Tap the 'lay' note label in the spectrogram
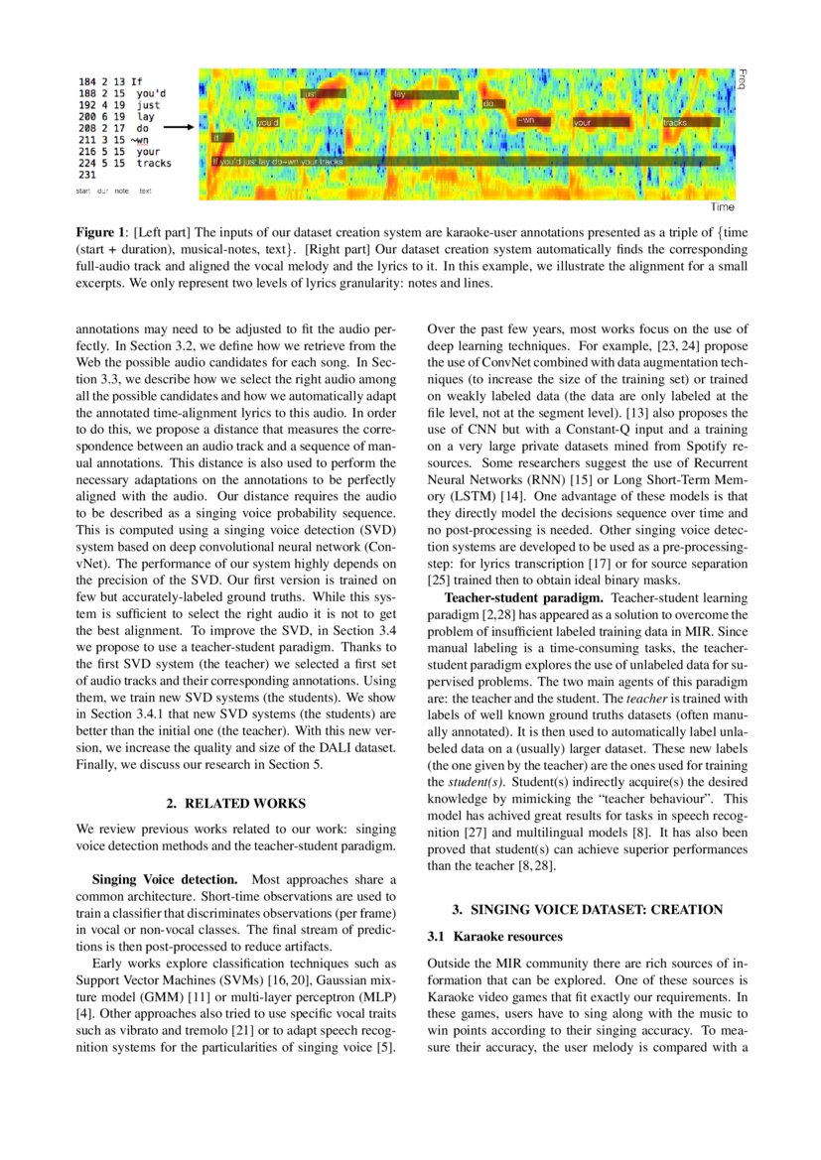coord(424,95)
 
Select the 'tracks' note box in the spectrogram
coord(688,123)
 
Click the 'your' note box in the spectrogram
coord(600,123)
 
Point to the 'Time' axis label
coord(722,207)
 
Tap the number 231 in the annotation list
coord(86,174)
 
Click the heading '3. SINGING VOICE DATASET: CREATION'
coord(587,909)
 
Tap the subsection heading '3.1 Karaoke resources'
coord(494,936)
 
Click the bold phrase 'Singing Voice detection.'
coord(164,879)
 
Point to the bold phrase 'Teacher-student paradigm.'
coord(525,597)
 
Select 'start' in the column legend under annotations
coord(83,190)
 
